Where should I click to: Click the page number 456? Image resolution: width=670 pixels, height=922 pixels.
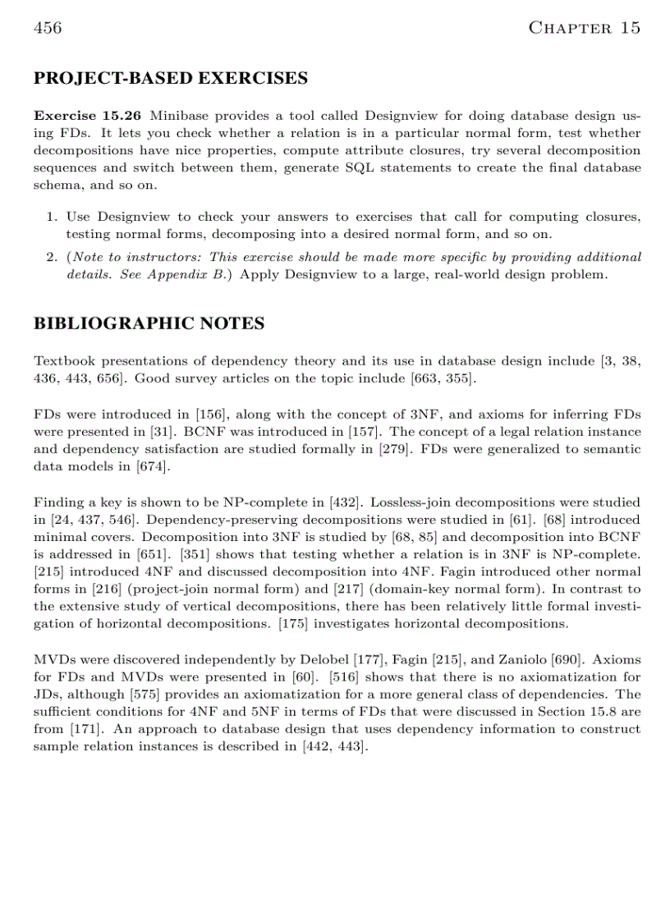48,29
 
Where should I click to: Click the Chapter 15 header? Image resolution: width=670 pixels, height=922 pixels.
584,29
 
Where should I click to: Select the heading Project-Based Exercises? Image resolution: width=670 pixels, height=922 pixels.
170,79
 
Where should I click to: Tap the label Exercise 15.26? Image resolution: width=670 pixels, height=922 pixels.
86,117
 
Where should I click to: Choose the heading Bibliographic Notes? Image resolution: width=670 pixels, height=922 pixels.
149,323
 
